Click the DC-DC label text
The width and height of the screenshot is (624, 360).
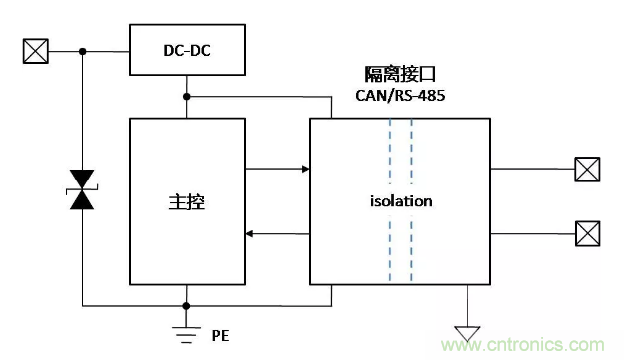coord(187,51)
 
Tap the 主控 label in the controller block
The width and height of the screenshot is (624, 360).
coord(187,202)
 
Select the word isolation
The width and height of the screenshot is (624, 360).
coord(401,201)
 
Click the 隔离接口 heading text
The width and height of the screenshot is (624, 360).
coord(400,74)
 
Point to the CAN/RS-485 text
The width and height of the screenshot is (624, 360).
coord(400,95)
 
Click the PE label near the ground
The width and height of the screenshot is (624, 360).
coord(220,336)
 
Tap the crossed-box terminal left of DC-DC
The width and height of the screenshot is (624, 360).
coord(36,51)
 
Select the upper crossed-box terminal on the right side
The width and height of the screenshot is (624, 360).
coord(587,170)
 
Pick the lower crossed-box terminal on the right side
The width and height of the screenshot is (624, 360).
coord(588,233)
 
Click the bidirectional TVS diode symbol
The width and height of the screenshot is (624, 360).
coord(82,189)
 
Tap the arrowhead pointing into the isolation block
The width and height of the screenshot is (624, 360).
coord(306,169)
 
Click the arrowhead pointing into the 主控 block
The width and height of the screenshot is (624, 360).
coord(249,234)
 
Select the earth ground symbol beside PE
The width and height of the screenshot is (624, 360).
coord(186,335)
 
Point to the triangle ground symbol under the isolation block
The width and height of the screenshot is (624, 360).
coord(468,333)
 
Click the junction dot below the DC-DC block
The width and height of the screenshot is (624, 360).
coord(187,97)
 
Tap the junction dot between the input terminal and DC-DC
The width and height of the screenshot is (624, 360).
coord(83,52)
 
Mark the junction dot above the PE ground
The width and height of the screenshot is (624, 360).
coord(186,306)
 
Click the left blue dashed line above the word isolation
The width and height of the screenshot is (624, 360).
coord(390,152)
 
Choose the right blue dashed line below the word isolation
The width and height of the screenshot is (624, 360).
coord(411,249)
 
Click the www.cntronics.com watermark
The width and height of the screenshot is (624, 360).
coord(522,345)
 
